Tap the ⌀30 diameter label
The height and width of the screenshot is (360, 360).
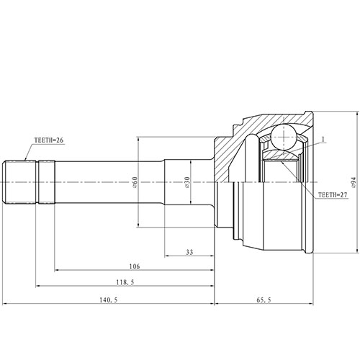click(x=186, y=184)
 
